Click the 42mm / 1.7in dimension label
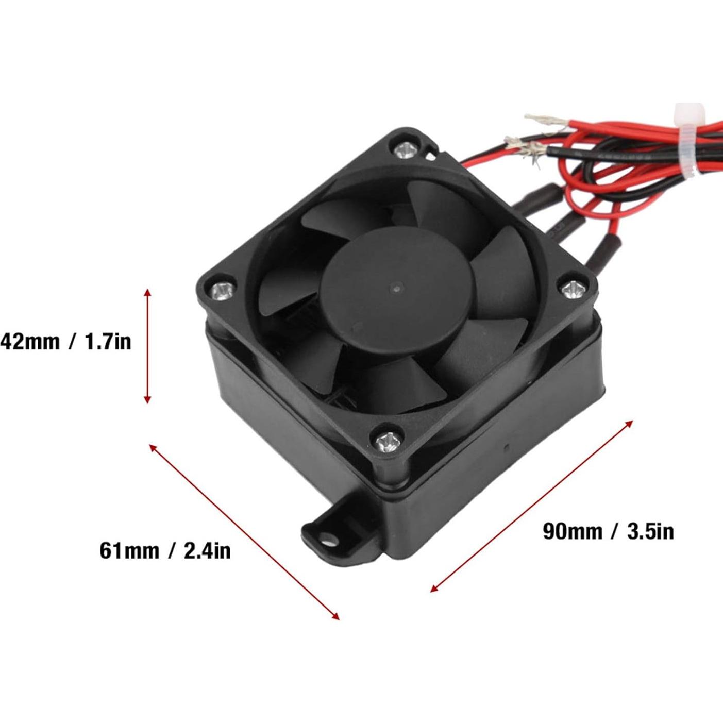point(65,342)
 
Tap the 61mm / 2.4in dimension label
point(165,550)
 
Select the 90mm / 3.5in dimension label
point(608,531)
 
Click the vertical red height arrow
point(147,346)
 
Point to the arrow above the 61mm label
point(244,531)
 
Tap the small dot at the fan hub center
point(395,286)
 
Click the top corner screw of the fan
point(404,150)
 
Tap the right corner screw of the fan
point(570,290)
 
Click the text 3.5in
point(650,531)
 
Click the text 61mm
point(129,550)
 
